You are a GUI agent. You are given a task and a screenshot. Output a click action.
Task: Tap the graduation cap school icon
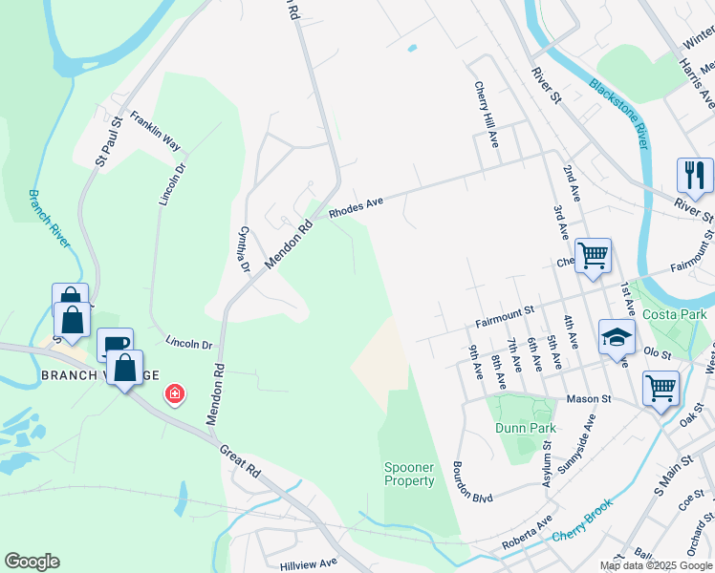[x=617, y=336]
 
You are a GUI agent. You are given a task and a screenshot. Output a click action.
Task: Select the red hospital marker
[x=174, y=393]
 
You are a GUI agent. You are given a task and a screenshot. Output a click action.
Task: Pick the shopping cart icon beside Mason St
[x=661, y=389]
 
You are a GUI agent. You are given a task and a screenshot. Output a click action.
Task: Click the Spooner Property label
[x=409, y=474]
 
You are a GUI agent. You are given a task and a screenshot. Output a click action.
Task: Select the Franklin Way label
[x=156, y=131]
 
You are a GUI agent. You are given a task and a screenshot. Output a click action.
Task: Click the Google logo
[x=32, y=562]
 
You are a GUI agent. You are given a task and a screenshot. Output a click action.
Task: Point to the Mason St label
[x=588, y=399]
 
